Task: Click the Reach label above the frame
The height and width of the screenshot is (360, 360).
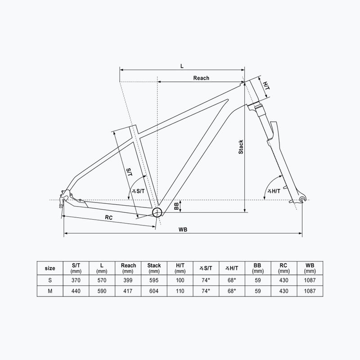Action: pos(201,78)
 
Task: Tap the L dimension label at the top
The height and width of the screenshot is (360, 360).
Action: pos(182,66)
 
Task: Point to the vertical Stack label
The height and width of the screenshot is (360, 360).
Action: pos(241,147)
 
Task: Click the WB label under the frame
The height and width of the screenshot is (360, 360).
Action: pos(182,229)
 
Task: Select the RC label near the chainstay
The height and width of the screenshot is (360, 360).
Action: pos(108,217)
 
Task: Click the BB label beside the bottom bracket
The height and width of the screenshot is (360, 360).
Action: pos(176,207)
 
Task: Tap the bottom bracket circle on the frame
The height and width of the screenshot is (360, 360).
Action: pos(157,212)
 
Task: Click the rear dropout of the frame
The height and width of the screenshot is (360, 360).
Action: pos(65,196)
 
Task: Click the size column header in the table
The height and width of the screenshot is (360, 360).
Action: pos(50,268)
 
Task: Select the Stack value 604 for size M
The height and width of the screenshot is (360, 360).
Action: pos(154,291)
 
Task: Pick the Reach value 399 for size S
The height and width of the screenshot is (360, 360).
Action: pos(128,280)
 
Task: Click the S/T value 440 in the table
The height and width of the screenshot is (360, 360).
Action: pos(76,291)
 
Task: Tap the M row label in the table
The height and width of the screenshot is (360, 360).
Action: pos(50,291)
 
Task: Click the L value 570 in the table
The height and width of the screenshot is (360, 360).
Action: pos(102,280)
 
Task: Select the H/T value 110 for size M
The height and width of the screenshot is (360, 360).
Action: pos(180,291)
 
